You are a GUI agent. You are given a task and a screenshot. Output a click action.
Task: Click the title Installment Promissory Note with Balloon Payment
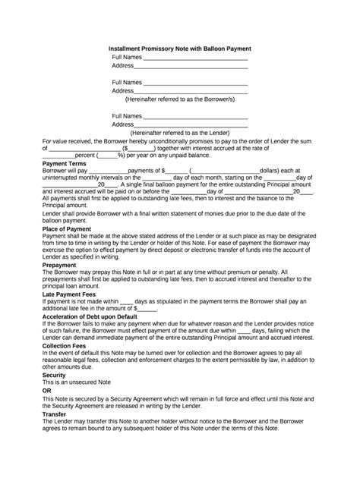pyautogui.click(x=181, y=48)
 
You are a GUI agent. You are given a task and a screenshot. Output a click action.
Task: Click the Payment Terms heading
pyautogui.click(x=64, y=164)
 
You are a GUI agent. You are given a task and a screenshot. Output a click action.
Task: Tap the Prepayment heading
pyautogui.click(x=59, y=266)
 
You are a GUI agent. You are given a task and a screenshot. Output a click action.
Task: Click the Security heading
pyautogui.click(x=55, y=396)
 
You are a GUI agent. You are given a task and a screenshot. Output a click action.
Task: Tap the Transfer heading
pyautogui.click(x=55, y=436)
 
